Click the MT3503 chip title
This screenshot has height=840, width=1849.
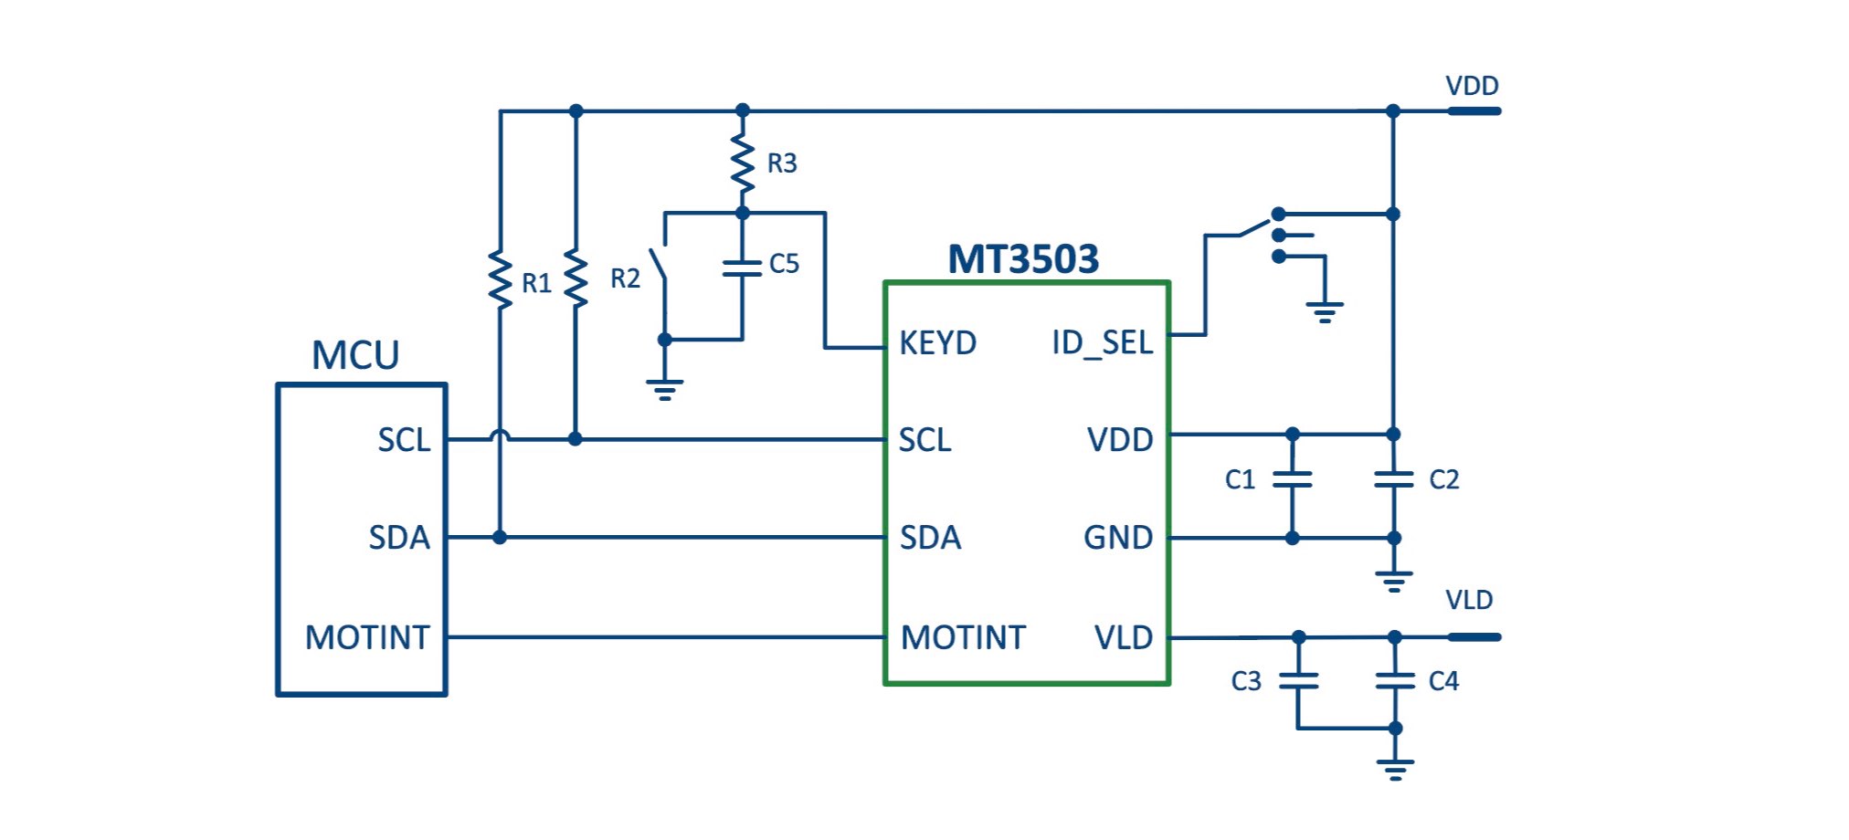pos(1023,259)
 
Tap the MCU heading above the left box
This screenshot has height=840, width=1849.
pos(355,355)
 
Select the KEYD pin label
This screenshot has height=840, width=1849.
pos(937,343)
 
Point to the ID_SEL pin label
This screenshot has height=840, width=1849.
pos(1102,343)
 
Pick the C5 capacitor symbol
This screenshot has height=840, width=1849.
pos(742,268)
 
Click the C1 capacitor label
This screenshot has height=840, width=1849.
pos(1240,479)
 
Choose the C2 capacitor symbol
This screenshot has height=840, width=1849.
pos(1393,479)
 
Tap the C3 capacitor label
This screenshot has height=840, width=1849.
pos(1246,681)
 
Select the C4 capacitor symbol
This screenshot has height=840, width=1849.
pos(1394,680)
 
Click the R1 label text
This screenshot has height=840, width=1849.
pos(536,284)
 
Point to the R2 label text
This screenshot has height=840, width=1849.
pos(625,278)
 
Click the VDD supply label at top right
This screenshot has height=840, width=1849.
pos(1472,86)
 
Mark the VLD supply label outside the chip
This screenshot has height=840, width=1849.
pos(1469,600)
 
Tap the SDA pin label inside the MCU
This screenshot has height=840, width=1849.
pos(399,538)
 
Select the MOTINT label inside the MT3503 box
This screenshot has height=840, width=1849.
pos(963,637)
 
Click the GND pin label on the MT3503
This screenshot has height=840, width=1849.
pos(1118,538)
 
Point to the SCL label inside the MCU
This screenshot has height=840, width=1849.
pos(404,440)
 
